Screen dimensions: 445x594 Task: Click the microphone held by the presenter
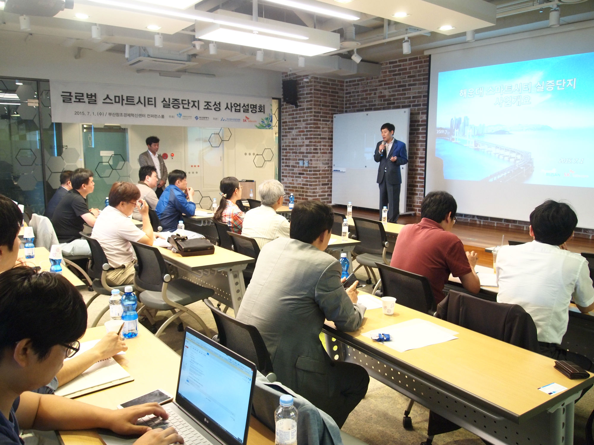(x=383, y=146)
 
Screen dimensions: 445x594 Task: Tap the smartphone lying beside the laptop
(x=146, y=399)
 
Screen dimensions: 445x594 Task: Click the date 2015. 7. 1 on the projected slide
(x=571, y=160)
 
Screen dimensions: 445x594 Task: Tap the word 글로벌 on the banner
(x=79, y=97)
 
